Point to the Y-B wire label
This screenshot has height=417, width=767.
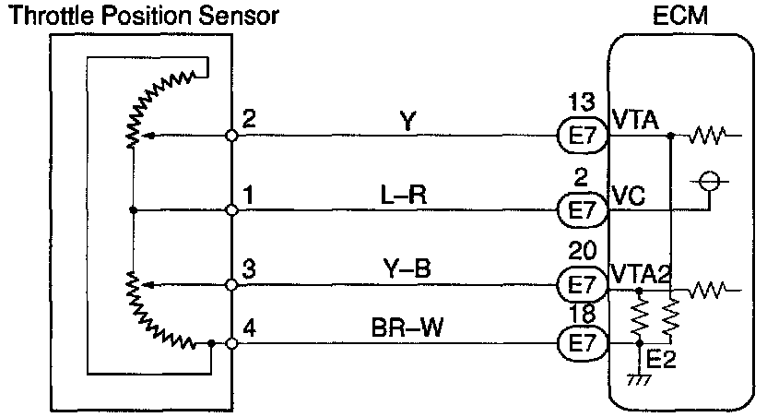[x=407, y=268]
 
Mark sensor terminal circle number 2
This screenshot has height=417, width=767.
[x=232, y=137]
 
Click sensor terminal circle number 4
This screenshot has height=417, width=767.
[x=232, y=343]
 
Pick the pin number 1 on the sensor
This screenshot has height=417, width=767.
[x=248, y=195]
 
